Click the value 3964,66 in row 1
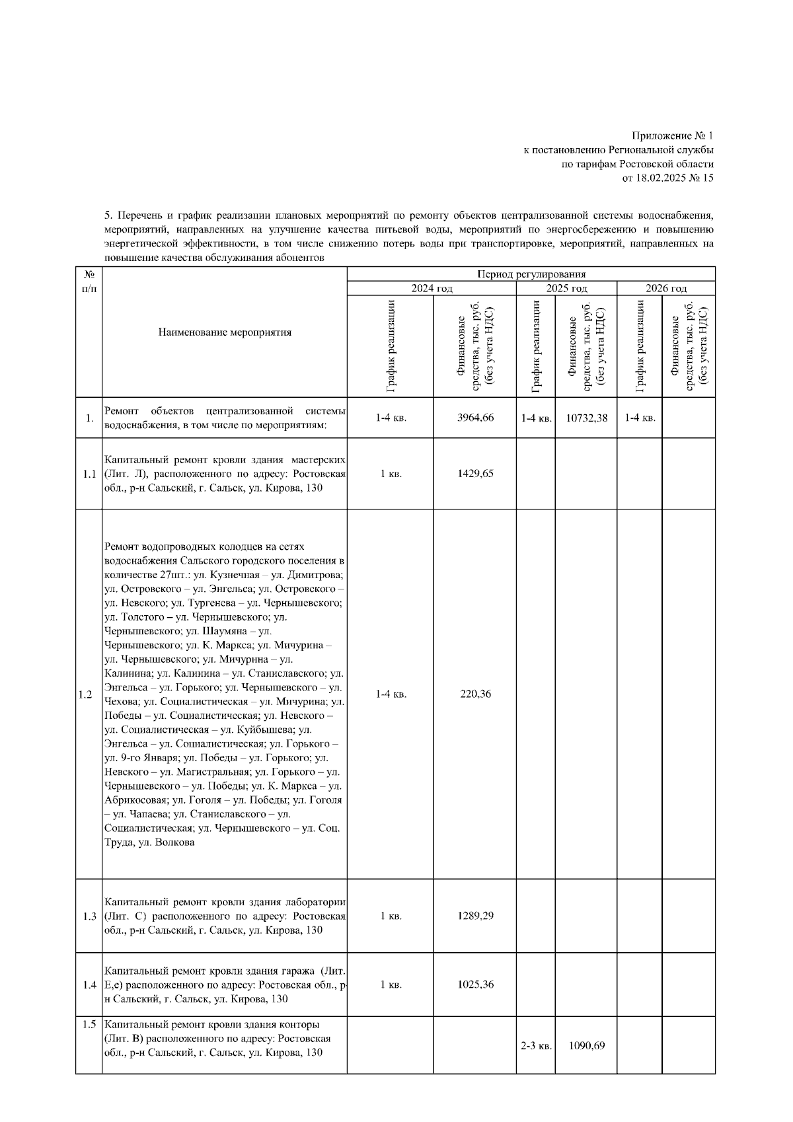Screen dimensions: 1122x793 pos(475,418)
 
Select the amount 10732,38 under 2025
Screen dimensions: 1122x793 pos(585,418)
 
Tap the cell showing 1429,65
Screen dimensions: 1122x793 pos(475,474)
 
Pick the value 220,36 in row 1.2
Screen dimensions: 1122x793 pos(475,694)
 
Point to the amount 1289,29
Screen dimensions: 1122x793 pos(475,916)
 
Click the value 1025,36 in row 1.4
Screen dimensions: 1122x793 pos(475,985)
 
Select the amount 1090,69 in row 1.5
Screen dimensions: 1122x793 pos(585,1045)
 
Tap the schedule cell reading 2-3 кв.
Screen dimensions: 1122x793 pos(536,1046)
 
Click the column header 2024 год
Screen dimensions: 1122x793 pos(432,288)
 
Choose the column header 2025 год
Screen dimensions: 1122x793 pos(566,288)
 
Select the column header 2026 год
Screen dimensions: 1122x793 pos(666,288)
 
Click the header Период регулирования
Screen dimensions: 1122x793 pos(531,274)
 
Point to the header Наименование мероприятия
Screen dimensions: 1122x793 pos(225,332)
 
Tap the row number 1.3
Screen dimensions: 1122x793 pos(89,916)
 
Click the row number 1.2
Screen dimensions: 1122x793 pos(85,694)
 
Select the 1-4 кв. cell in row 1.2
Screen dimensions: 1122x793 pos(391,694)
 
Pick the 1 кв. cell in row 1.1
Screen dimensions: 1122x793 pos(391,474)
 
